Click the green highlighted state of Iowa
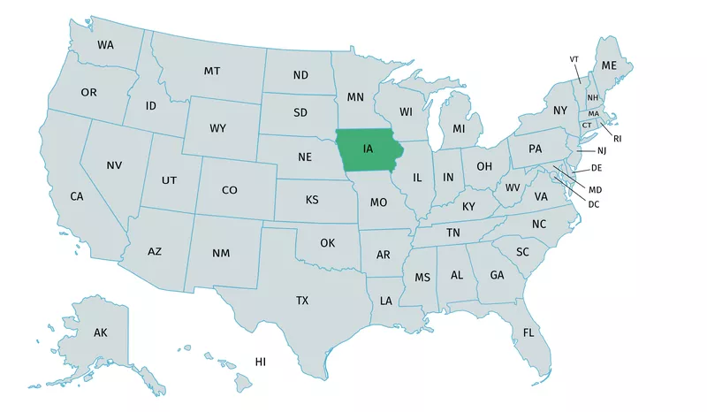(367, 149)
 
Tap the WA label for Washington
(105, 44)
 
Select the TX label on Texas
(302, 301)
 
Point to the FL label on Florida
(528, 333)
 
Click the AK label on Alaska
(100, 332)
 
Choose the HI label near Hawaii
(261, 362)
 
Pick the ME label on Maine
(609, 65)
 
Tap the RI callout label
(618, 138)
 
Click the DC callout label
(594, 204)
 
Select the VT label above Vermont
(574, 59)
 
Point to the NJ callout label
(589, 152)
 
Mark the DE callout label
(597, 167)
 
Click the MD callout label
(595, 189)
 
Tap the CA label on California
(77, 196)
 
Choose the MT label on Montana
(212, 71)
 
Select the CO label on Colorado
(229, 190)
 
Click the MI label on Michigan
(459, 129)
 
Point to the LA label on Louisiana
(386, 301)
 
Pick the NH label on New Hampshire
(593, 97)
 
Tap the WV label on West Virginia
(513, 187)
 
